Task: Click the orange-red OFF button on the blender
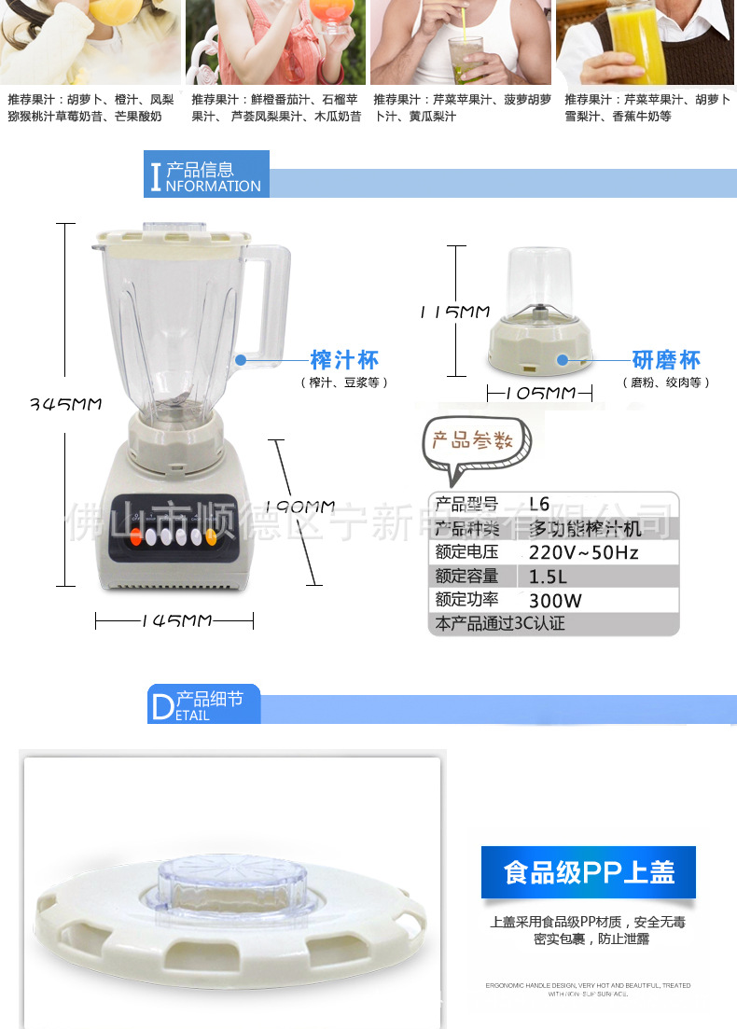pos(136,536)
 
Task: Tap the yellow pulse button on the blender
pos(211,536)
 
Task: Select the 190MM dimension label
pos(299,507)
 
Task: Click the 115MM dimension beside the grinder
pos(453,313)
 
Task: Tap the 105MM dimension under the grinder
pos(540,393)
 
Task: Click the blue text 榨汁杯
pos(344,360)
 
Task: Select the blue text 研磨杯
pos(666,360)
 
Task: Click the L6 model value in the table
pos(539,504)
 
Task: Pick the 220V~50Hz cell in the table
pos(584,552)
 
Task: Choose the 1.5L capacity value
pos(549,577)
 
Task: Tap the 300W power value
pos(554,601)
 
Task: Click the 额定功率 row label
pos(466,600)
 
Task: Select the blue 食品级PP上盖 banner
pos(588,871)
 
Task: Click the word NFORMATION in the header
pos(214,186)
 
